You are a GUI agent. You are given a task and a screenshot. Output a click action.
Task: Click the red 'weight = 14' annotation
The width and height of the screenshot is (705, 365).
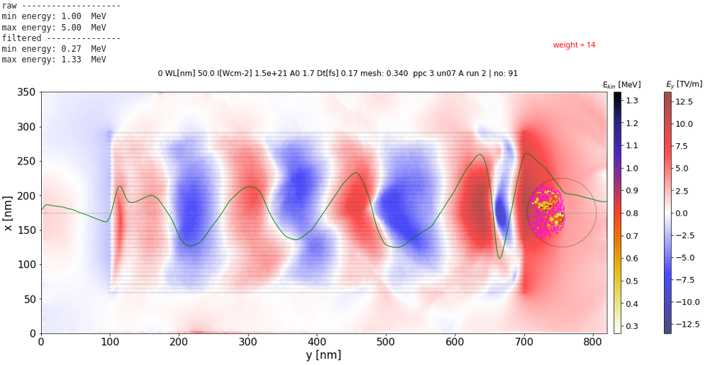(574, 45)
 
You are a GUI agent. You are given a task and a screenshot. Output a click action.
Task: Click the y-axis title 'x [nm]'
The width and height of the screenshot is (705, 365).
(9, 213)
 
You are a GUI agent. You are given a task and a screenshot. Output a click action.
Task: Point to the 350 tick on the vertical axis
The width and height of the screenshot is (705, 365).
(27, 93)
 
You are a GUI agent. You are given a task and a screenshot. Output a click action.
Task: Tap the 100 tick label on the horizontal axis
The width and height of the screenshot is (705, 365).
(109, 342)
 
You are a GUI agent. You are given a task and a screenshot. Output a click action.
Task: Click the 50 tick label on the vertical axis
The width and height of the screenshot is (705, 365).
(30, 298)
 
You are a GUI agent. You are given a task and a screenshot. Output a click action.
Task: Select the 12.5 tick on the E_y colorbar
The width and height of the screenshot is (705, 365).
(683, 101)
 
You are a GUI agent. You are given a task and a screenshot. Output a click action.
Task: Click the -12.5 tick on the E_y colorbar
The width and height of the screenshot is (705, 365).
(684, 324)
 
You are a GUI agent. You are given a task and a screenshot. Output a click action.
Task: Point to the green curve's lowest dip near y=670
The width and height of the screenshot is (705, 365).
(500, 258)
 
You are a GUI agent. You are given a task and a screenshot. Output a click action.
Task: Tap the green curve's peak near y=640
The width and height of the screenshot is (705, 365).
(480, 155)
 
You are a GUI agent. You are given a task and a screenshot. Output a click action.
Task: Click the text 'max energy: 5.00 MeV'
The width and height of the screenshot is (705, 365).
(54, 27)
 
